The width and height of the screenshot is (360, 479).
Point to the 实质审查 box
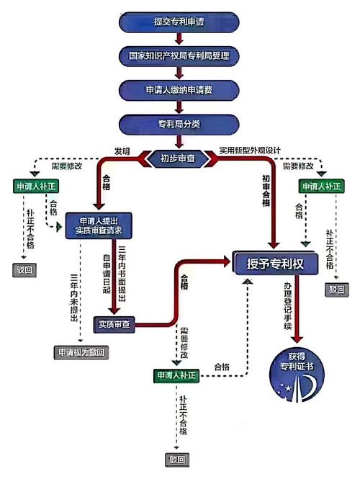coord(114,325)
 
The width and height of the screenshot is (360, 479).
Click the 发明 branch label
coord(122,150)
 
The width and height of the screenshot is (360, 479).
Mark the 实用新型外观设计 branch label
coord(250,150)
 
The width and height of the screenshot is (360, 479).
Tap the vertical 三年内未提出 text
coord(73,295)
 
